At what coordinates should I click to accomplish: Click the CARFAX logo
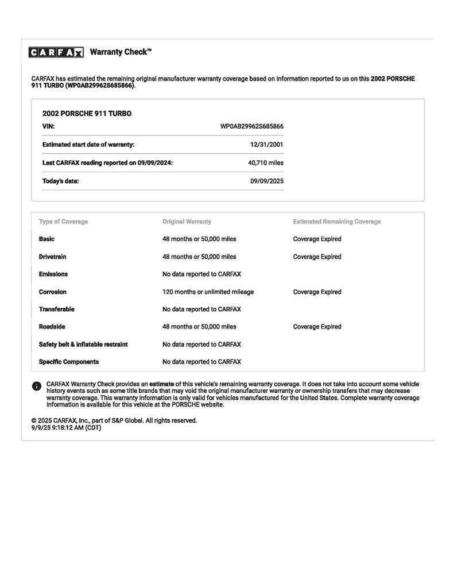pyautogui.click(x=56, y=52)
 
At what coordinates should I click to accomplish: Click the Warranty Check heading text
pyautogui.click(x=121, y=52)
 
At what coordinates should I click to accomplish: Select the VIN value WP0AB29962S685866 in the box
pyautogui.click(x=251, y=126)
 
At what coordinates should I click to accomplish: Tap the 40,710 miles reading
pyautogui.click(x=265, y=163)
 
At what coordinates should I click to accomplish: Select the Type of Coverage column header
pyautogui.click(x=63, y=222)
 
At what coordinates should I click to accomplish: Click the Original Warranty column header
pyautogui.click(x=187, y=222)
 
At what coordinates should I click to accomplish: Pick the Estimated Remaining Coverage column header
pyautogui.click(x=336, y=222)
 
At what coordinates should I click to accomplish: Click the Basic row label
pyautogui.click(x=46, y=239)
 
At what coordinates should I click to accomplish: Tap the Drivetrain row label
pyautogui.click(x=52, y=257)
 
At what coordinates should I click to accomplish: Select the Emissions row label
pyautogui.click(x=53, y=274)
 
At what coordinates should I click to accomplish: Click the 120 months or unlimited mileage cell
pyautogui.click(x=208, y=292)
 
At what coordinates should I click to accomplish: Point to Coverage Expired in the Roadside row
pyautogui.click(x=317, y=327)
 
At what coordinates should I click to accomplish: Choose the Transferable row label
pyautogui.click(x=56, y=310)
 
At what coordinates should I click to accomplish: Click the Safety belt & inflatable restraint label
pyautogui.click(x=83, y=345)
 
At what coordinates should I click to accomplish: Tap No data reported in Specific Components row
pyautogui.click(x=201, y=362)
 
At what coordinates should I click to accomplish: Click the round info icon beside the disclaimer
pyautogui.click(x=36, y=386)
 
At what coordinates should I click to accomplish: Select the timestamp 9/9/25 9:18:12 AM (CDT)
pyautogui.click(x=66, y=428)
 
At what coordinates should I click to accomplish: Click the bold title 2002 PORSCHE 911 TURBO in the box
pyautogui.click(x=87, y=114)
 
